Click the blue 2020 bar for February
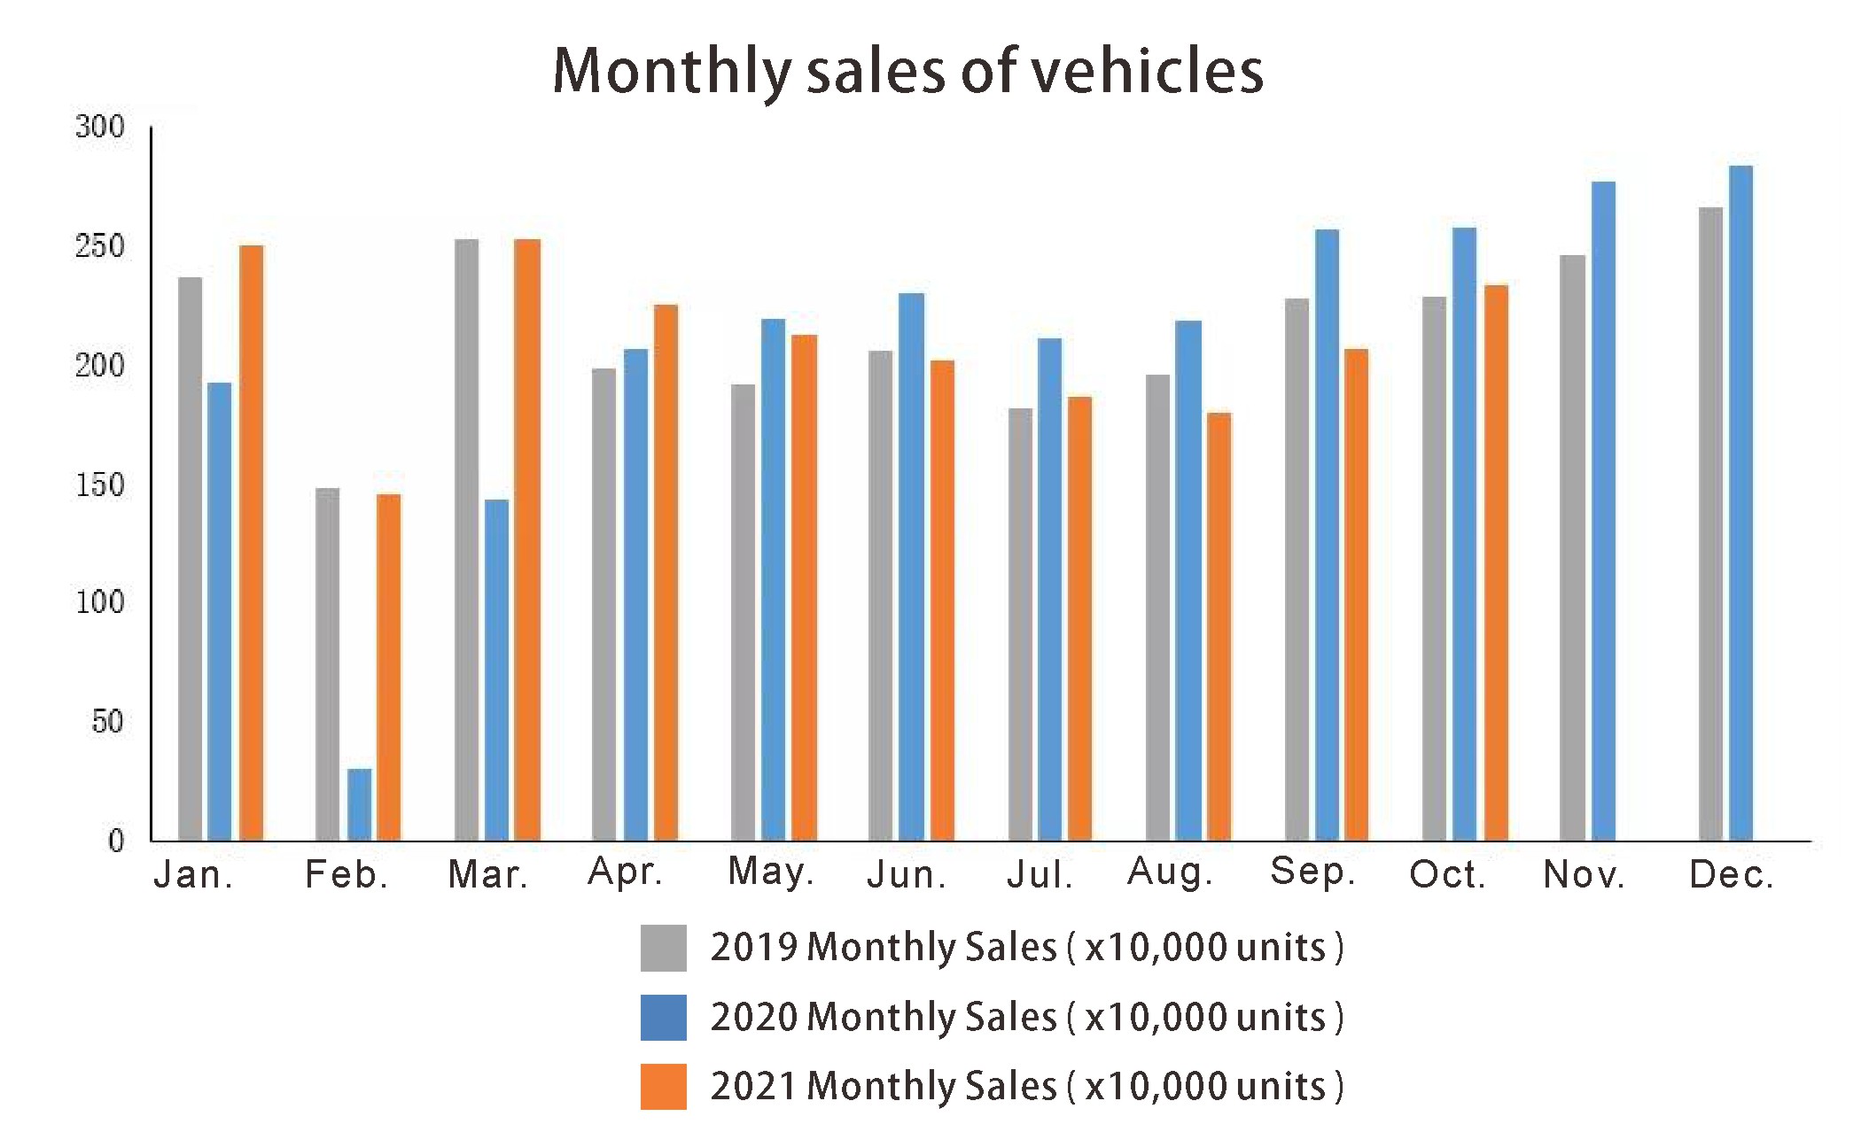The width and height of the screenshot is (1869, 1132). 359,804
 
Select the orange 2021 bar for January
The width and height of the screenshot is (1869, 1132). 251,542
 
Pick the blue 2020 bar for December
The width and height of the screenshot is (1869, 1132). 1741,502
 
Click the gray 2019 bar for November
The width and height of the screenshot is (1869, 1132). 1572,547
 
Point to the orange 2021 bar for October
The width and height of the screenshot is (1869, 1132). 1496,562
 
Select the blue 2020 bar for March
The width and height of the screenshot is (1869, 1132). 496,670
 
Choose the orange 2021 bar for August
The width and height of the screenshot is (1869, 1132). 1219,626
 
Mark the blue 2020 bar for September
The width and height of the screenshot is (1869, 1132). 1327,534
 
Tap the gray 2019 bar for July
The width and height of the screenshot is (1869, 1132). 1020,624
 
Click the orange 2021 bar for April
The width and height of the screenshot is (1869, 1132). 666,572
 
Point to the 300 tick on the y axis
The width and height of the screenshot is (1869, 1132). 99,127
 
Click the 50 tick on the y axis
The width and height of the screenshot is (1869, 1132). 107,722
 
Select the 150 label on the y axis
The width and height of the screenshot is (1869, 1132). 99,485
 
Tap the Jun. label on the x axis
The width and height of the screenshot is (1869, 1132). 907,874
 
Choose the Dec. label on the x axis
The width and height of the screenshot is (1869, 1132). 1732,874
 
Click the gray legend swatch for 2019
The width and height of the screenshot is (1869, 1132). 663,948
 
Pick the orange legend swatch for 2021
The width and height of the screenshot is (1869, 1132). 663,1086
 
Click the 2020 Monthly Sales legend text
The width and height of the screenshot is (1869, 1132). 1026,1017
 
